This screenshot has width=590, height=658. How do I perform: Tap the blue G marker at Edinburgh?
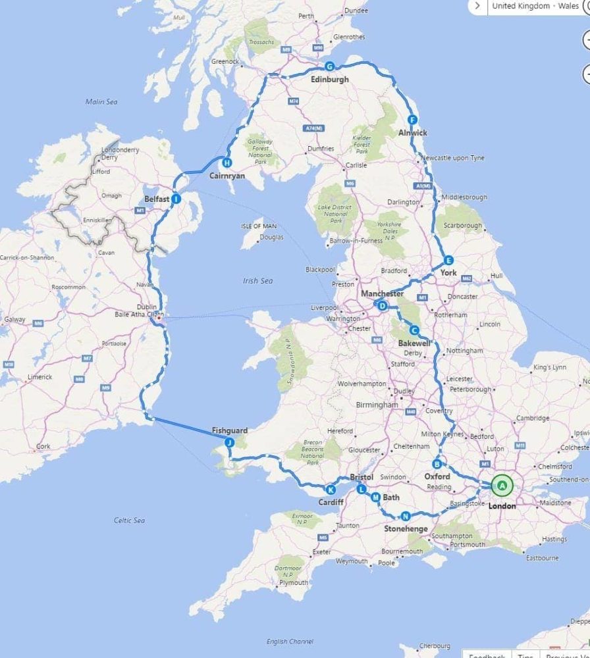[330, 66]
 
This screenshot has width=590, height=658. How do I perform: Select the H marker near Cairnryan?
[227, 163]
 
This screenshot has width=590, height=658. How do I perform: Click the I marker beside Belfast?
[176, 198]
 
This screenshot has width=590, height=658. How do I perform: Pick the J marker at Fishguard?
[229, 443]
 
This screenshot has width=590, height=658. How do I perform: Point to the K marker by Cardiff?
[331, 490]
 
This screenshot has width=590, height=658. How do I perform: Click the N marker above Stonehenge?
[406, 516]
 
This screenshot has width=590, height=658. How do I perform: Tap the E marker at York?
[448, 260]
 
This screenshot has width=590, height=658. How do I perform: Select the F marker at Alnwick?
[413, 120]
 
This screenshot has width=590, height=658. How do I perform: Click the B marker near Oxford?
[437, 463]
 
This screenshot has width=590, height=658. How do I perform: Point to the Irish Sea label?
[257, 281]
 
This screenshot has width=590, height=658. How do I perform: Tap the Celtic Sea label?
[129, 520]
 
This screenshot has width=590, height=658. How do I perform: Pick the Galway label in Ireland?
[14, 320]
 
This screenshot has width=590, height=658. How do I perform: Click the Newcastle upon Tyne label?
[453, 158]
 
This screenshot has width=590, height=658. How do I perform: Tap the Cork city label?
[43, 446]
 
